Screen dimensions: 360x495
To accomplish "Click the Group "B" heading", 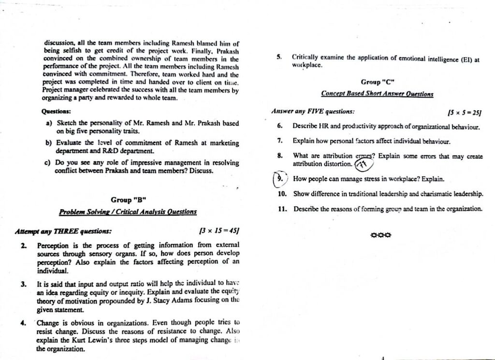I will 129,200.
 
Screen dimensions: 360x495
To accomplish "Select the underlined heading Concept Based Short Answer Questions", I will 377,93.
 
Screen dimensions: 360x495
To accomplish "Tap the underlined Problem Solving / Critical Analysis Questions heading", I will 128,212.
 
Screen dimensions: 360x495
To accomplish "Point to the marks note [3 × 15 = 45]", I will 219,231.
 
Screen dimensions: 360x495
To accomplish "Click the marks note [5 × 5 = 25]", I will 465,113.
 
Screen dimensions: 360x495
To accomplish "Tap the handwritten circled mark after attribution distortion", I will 364,165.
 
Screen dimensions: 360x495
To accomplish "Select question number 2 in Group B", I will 24,245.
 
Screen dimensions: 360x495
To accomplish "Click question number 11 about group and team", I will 282,209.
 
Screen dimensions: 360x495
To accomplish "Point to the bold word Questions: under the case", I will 57,111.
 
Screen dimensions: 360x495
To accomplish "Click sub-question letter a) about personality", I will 49,123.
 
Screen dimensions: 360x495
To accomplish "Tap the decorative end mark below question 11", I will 380,235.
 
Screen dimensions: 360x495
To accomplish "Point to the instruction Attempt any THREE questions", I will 63,231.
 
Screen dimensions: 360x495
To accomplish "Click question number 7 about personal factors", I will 280,141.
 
